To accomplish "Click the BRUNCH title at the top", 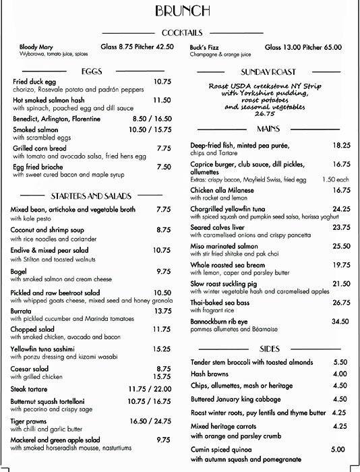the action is click(179, 11).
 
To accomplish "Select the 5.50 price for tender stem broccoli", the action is click(340, 362).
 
